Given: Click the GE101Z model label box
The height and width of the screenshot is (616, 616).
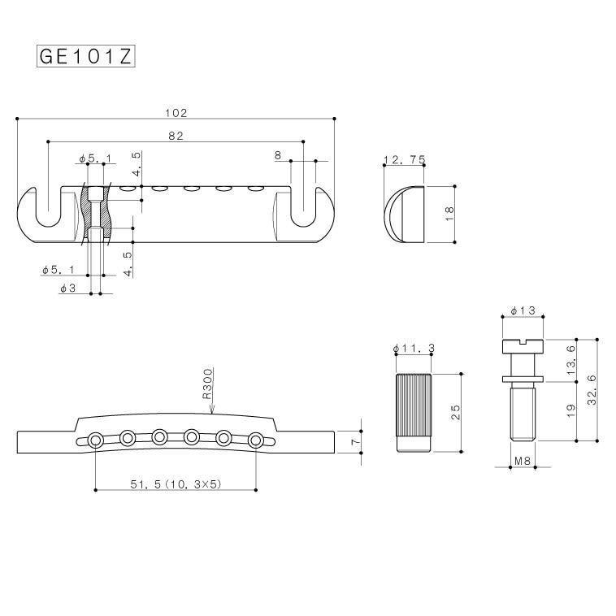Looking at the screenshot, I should coord(85,56).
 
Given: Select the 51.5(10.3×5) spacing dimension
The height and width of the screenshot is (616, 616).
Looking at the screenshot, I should coord(176,484).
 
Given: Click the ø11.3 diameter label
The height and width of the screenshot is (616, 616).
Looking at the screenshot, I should coord(413,348).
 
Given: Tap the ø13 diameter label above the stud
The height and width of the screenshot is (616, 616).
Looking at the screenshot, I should coord(523,310).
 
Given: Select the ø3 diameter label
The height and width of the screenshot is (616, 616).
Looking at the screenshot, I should coord(68,288).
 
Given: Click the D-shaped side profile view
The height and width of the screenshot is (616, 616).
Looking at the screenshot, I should coord(403,214).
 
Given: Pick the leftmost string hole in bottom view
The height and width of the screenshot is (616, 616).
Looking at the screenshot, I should coord(97,440).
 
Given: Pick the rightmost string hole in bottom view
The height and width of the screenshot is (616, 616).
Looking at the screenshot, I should coord(256,440).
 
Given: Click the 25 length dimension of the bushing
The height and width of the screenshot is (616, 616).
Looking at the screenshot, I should coord(456,413).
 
